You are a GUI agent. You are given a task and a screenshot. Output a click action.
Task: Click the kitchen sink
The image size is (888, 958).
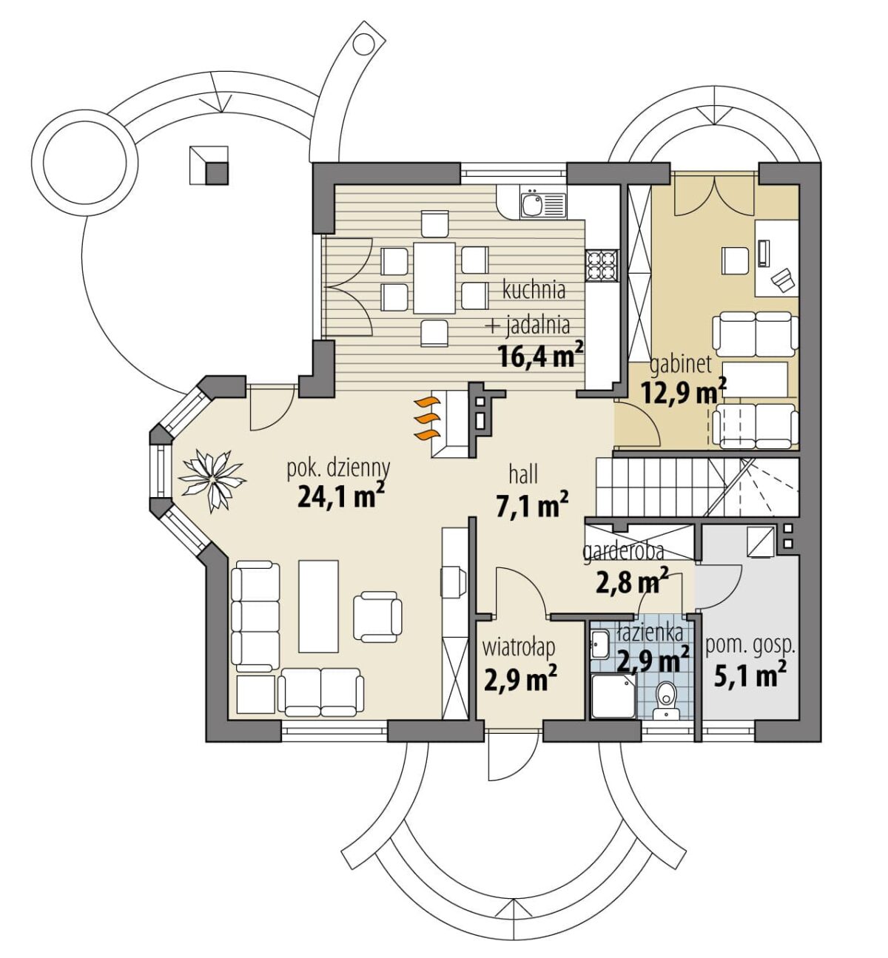point(542,204)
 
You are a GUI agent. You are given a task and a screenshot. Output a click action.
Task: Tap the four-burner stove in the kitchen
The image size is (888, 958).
point(602,266)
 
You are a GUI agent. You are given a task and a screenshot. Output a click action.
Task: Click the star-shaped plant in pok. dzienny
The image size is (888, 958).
point(212,480)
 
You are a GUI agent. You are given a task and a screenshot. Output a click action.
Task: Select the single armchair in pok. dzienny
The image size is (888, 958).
point(377,617)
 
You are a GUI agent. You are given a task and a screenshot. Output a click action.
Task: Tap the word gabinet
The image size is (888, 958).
point(681,365)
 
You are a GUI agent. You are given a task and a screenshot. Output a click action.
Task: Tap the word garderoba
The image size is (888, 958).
point(623,552)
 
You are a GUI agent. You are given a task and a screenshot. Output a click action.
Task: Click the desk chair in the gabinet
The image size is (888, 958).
point(736,261)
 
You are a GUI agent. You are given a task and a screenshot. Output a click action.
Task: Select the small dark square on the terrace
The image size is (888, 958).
point(217,174)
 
